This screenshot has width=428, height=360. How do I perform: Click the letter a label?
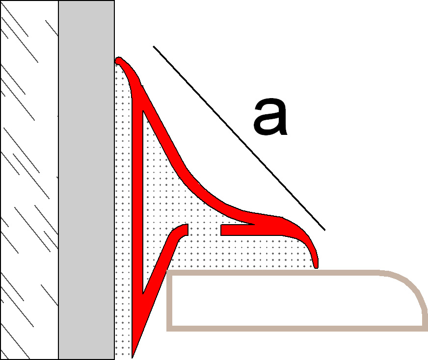click(x=270, y=117)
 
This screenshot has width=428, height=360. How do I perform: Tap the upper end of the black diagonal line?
click(x=154, y=46)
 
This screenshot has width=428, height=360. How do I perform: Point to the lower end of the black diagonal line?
click(x=325, y=230)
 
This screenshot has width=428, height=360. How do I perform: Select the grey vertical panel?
click(x=86, y=180)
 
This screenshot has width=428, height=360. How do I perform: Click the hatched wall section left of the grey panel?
click(x=29, y=180)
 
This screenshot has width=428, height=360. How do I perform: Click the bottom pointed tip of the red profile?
click(x=133, y=357)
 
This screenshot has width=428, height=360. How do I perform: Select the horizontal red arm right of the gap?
click(x=238, y=230)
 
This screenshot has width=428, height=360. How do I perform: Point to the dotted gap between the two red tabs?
click(x=205, y=230)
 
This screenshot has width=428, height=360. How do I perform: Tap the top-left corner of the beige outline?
click(x=167, y=271)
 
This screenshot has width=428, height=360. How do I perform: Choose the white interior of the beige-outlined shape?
click(x=295, y=301)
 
